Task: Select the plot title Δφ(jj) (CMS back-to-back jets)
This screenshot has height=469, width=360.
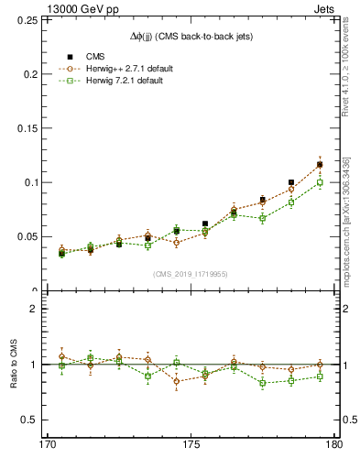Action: pyautogui.click(x=191, y=36)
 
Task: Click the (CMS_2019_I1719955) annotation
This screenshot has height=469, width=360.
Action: pyautogui.click(x=191, y=273)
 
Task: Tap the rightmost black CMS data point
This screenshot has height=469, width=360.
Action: pyautogui.click(x=320, y=165)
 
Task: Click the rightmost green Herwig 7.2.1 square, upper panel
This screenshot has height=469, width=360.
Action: pyautogui.click(x=320, y=183)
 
